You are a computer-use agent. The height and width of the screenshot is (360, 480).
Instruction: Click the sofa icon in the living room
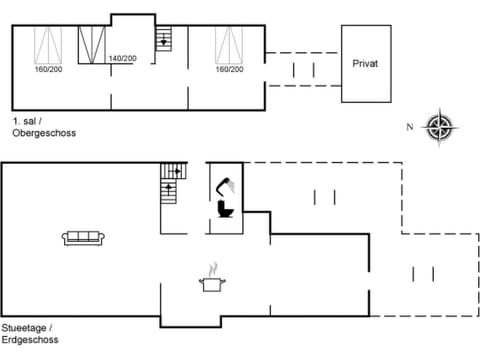point(84,237)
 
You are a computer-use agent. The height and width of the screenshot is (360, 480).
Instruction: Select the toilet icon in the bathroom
point(225,208)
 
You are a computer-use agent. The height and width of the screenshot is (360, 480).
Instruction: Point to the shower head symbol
point(228,184)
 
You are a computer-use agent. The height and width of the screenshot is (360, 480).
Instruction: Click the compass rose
point(440,127)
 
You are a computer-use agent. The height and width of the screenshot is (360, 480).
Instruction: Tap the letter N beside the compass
point(410,127)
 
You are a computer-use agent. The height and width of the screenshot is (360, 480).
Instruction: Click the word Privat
point(365,63)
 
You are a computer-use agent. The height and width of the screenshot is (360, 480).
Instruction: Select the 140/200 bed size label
point(123,59)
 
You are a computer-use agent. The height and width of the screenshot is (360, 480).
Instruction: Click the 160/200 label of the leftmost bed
point(47,69)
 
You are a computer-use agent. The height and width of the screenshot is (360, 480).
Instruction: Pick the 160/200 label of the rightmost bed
point(229,69)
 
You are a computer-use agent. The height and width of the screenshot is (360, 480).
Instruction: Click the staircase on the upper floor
point(163,40)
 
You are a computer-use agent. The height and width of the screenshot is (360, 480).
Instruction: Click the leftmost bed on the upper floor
point(47,45)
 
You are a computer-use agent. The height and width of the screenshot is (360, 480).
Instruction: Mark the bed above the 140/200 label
point(93,46)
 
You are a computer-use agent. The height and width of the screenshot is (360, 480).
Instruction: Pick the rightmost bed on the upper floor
point(229,45)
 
